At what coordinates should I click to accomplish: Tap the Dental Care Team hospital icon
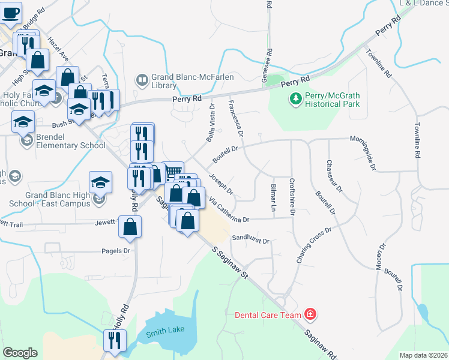[310, 314]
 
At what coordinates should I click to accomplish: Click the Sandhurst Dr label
[250, 239]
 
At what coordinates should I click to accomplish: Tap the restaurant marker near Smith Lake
[112, 340]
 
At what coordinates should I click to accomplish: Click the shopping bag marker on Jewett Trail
[130, 227]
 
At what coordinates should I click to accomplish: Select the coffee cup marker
[10, 11]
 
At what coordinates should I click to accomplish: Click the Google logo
[20, 353]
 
